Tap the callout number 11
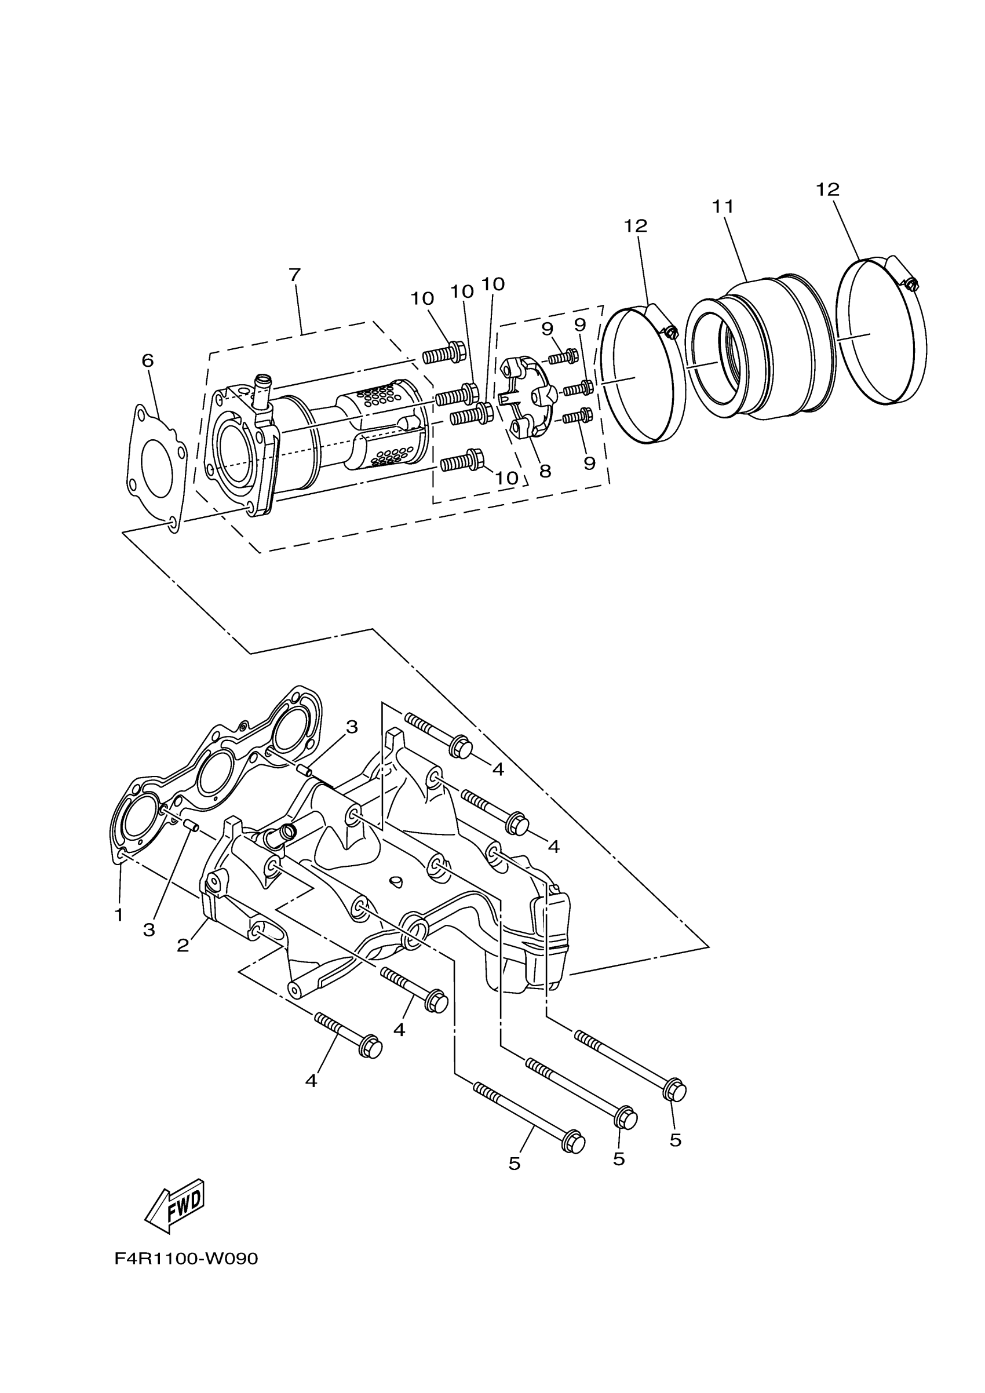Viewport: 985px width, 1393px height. (x=723, y=207)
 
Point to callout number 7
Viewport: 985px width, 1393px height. (x=295, y=275)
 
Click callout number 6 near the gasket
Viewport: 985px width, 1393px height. (x=147, y=360)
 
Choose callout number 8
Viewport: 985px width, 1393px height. (x=545, y=471)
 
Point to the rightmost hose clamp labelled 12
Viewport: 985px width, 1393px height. (x=881, y=331)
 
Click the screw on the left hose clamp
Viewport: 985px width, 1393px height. (x=670, y=332)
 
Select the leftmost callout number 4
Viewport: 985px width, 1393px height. (x=311, y=1081)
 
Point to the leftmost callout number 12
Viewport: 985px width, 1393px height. (x=636, y=225)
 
